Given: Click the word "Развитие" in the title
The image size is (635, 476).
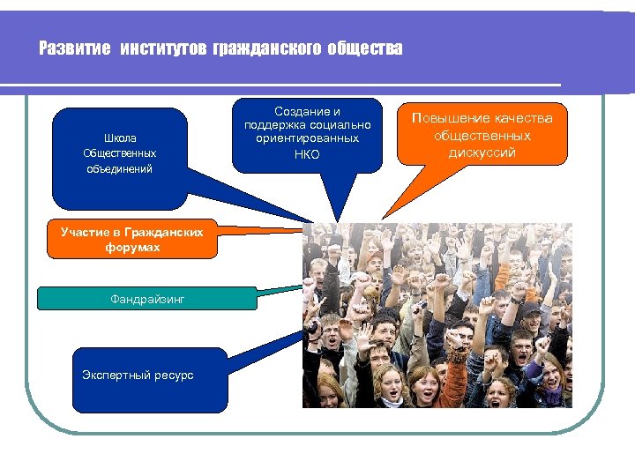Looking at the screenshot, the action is coord(75,49).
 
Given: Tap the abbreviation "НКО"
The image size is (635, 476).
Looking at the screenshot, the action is coord(307,154).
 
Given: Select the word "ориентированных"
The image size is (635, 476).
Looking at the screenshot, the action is coord(307,138).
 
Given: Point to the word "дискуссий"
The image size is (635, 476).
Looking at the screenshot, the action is coord(482,152).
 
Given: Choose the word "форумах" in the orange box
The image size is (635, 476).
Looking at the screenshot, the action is coord(131,248).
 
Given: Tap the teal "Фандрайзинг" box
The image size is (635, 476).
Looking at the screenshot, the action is coord(147,299).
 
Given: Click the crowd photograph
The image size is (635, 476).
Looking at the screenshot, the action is coord(437,315).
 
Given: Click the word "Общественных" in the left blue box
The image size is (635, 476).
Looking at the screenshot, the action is coord(119,153).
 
